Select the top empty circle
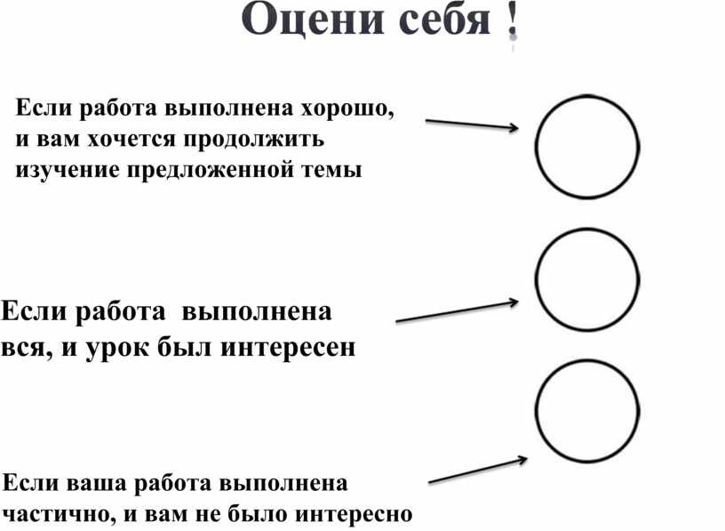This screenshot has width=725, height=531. point(537,147)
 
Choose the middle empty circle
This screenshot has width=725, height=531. point(537,279)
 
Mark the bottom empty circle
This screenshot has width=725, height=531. point(537,411)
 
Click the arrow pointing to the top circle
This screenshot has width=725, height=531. point(472,125)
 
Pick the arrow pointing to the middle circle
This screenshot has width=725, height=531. point(457,311)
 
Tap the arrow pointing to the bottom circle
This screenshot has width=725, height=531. point(478,471)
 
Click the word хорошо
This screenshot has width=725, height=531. point(347,109)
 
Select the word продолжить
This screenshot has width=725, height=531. point(254,140)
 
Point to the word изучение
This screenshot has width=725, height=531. point(68,171)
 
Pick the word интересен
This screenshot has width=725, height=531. point(288,347)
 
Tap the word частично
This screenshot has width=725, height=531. point(60,514)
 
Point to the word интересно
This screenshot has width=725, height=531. point(354,514)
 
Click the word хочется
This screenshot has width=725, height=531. point(132,140)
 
